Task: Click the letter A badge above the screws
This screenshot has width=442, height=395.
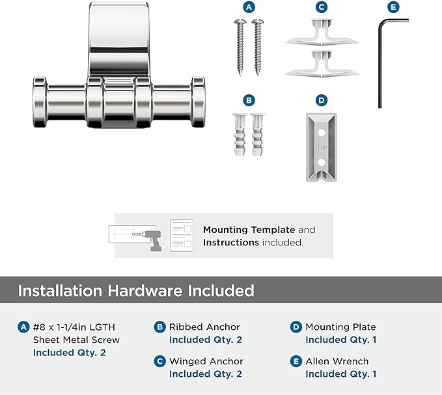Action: pyautogui.click(x=249, y=7)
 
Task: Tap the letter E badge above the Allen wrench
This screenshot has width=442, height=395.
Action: pyautogui.click(x=394, y=7)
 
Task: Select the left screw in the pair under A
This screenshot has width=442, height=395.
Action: pyautogui.click(x=240, y=47)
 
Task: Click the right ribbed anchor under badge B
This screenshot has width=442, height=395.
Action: pyautogui.click(x=257, y=135)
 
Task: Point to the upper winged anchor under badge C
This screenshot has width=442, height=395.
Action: pyautogui.click(x=322, y=32)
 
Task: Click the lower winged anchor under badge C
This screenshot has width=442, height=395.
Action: pyautogui.click(x=322, y=64)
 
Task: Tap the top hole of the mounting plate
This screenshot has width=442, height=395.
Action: pyautogui.click(x=322, y=132)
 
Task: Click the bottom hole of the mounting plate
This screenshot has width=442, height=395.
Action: pyautogui.click(x=322, y=162)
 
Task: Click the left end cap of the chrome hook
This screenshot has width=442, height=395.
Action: pyautogui.click(x=40, y=102)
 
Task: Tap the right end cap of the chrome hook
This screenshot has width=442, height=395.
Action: pyautogui.click(x=198, y=102)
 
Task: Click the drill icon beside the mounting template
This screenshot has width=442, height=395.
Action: pyautogui.click(x=152, y=239)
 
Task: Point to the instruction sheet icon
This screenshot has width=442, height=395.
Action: pyautogui.click(x=182, y=236)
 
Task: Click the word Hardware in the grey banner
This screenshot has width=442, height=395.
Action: pyautogui.click(x=145, y=290)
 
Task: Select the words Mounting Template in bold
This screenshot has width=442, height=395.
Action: pyautogui.click(x=249, y=230)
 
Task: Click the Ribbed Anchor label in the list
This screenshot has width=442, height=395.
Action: pyautogui.click(x=204, y=327)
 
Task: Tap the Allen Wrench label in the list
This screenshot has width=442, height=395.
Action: pyautogui.click(x=337, y=361)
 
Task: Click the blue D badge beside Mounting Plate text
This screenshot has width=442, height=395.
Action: pyautogui.click(x=296, y=327)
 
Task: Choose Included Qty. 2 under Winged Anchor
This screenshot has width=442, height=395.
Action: pyautogui.click(x=206, y=374)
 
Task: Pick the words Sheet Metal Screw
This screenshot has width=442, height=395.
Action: pyautogui.click(x=76, y=340)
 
